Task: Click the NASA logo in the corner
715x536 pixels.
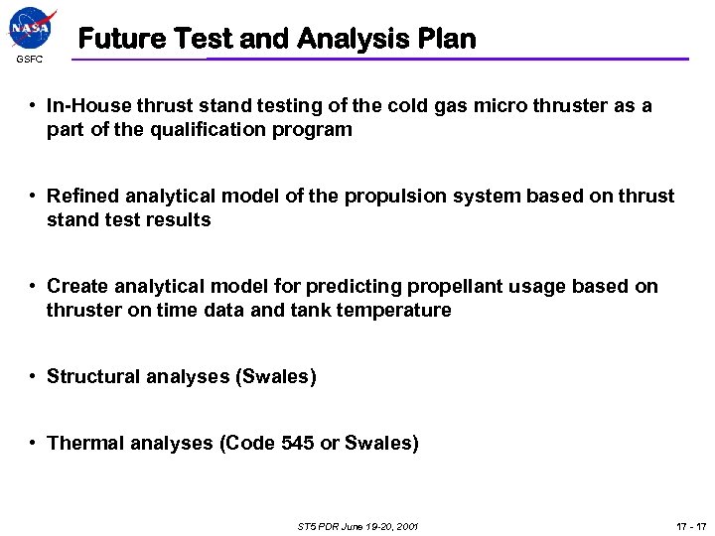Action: (x=32, y=29)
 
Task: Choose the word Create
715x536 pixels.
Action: (x=78, y=287)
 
